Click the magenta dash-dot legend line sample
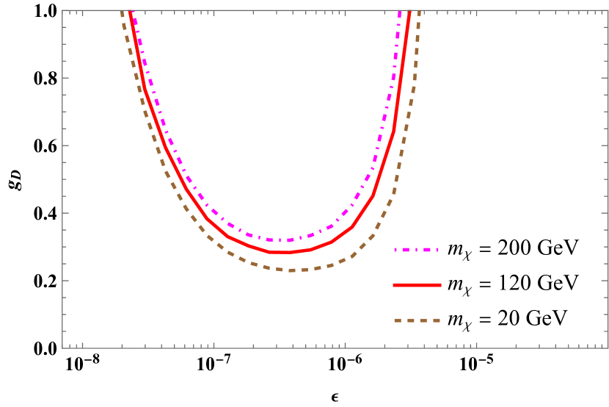(416, 250)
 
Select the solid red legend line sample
(417, 285)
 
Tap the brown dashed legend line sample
(417, 320)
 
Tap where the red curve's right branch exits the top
(409, 12)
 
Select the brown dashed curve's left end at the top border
(122, 12)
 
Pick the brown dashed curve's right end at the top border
(418, 12)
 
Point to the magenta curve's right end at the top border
(399, 12)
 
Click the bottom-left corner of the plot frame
(63, 347)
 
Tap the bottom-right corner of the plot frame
(608, 347)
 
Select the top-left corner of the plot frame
(63, 10)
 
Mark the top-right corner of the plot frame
(608, 10)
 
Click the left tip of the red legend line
(394, 285)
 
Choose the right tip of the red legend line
(440, 285)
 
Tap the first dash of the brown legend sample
(398, 320)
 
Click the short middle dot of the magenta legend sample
(415, 250)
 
